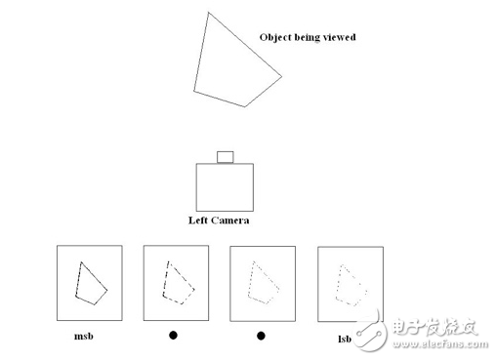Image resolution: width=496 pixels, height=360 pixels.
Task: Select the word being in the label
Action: coord(307,38)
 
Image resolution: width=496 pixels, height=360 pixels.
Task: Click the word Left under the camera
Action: coord(198,220)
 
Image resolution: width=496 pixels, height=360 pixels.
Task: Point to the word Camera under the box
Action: coord(230,220)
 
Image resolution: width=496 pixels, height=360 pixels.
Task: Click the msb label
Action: coord(84,336)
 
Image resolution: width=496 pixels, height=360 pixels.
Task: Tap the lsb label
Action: coord(345,340)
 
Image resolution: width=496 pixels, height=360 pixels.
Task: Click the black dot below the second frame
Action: coord(173,335)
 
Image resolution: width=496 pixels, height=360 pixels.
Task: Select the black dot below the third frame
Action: coord(261,336)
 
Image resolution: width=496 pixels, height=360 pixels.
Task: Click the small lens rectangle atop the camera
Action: coord(226,157)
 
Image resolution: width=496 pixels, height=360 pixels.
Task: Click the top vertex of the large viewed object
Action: coord(208,13)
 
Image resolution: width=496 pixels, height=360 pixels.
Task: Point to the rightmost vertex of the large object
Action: coord(281,77)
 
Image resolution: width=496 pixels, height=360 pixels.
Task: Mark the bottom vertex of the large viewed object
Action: coord(245,106)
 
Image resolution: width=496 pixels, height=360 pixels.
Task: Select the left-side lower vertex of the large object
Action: coord(194,91)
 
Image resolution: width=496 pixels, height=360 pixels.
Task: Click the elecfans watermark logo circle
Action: coord(370,334)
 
